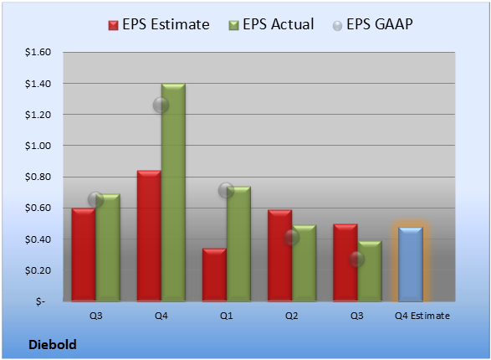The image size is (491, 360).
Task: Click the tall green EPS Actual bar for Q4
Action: coord(173,193)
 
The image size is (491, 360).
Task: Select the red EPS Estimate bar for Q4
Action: coord(149,236)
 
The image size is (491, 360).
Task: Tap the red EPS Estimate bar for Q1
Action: coord(214,275)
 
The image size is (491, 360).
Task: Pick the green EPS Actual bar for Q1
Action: coord(238,244)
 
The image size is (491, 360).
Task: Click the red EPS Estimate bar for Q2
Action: coord(279,255)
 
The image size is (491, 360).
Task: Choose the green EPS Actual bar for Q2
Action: coord(304,263)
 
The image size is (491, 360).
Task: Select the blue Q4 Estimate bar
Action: coord(411,264)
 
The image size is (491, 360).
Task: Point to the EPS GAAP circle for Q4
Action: coord(161,105)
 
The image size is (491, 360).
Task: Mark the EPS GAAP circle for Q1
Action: coord(226,190)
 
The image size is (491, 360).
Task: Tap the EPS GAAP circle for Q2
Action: coord(292,238)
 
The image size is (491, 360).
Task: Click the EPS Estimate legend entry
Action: coord(159,24)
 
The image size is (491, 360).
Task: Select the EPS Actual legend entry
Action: coord(271,24)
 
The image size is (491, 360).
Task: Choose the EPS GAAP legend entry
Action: coord(372,24)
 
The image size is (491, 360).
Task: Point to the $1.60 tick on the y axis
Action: coord(38,52)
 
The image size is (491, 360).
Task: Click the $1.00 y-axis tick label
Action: coord(38,146)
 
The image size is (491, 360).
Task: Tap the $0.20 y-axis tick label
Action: coord(38,270)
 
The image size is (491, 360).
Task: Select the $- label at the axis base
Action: coord(40,301)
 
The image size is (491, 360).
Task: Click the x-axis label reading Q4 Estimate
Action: coord(422,316)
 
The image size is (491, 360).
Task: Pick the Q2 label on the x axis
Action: coord(292,316)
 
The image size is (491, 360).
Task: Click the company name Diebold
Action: coord(53,345)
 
